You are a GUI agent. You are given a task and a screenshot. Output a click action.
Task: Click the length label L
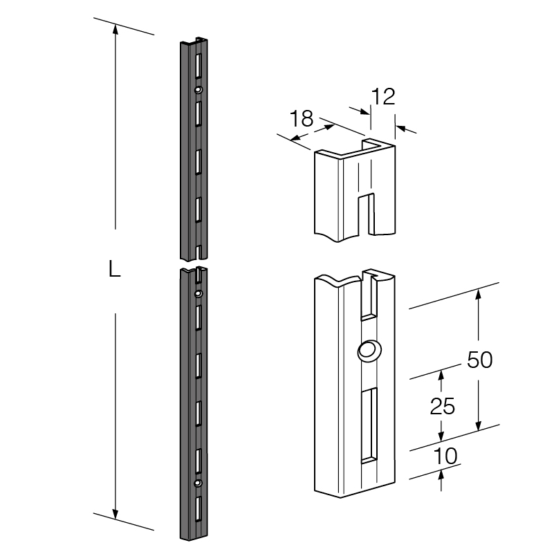coord(115,270)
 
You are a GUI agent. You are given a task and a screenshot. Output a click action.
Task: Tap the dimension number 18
coord(302,118)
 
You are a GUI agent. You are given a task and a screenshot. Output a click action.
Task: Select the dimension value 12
coord(382,97)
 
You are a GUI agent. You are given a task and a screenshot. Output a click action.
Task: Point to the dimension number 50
coord(479,360)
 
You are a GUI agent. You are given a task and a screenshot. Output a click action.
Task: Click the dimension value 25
coord(442,407)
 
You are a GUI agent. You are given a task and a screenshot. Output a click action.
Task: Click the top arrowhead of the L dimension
coord(116,29)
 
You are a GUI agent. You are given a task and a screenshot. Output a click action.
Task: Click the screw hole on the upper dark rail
coord(198,90)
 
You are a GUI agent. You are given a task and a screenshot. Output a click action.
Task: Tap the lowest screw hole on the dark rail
coord(198,482)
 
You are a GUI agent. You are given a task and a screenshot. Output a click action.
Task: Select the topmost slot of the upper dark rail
coord(198,64)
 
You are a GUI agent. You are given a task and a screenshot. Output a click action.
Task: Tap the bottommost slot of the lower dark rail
coord(198,510)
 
